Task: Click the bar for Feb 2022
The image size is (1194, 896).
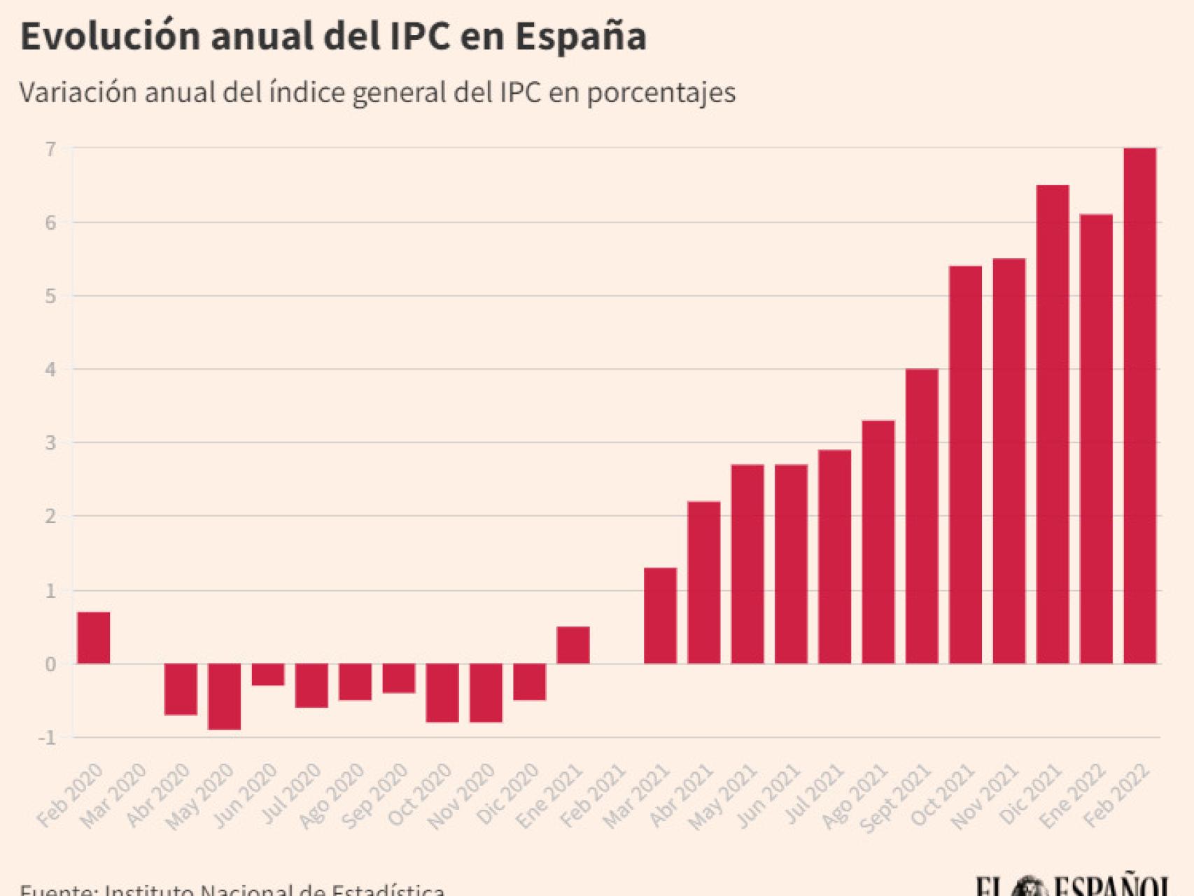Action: click(1139, 406)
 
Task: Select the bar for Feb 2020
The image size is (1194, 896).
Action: click(93, 638)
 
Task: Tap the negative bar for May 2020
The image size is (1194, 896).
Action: click(224, 696)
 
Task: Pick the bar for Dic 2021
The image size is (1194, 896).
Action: click(1053, 424)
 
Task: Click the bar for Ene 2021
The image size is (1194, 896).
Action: click(573, 645)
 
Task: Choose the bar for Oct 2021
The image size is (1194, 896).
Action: click(965, 465)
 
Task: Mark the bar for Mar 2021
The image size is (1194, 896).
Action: click(660, 615)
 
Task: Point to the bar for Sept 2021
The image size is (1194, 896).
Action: click(922, 516)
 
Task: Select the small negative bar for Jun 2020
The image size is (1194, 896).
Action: click(267, 675)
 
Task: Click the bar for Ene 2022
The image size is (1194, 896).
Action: click(1096, 439)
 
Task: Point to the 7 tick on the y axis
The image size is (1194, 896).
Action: click(50, 149)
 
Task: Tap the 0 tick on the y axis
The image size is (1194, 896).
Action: click(50, 664)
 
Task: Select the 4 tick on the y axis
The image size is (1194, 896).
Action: click(50, 370)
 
